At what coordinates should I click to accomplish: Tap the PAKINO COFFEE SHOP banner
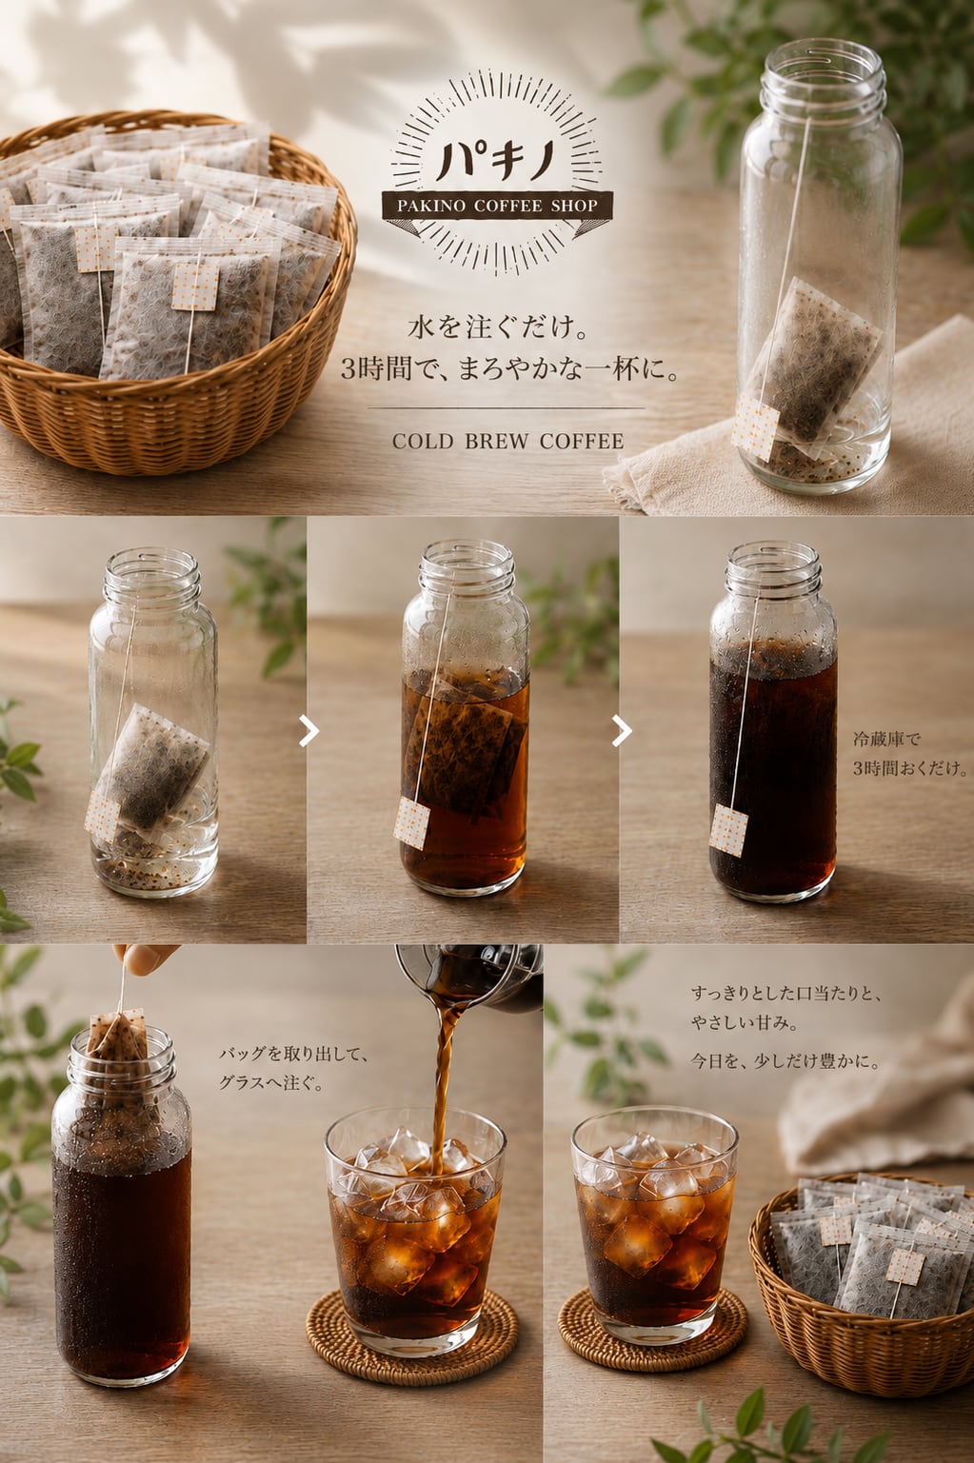tap(497, 206)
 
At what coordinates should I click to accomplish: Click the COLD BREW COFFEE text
tap(507, 442)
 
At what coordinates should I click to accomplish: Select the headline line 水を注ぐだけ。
tap(498, 326)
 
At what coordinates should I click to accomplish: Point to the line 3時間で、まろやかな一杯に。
tap(509, 370)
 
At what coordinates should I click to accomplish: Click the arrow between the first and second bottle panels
tap(309, 731)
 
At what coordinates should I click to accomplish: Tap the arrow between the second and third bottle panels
tap(622, 731)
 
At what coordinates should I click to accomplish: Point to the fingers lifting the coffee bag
tap(144, 959)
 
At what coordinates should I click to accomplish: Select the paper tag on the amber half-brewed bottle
tap(411, 823)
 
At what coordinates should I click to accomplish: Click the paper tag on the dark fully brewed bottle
tap(728, 830)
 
